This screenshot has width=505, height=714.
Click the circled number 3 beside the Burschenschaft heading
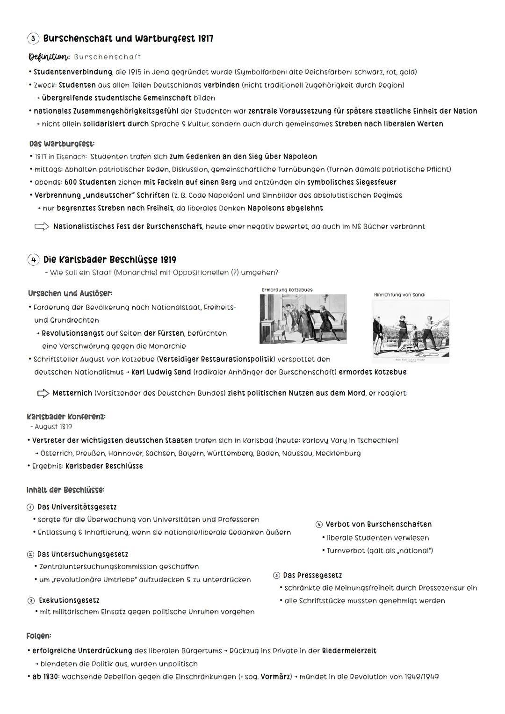pos(33,39)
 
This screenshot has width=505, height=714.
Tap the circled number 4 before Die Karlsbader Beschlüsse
pos(33,260)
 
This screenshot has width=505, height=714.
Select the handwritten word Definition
pos(49,57)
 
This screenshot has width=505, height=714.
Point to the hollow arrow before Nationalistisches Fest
pos(42,227)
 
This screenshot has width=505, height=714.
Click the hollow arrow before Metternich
pos(43,394)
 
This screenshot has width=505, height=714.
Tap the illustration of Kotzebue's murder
pos(303,318)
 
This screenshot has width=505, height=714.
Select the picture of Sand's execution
pos(411,331)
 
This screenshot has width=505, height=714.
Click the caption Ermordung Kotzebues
pos(287,290)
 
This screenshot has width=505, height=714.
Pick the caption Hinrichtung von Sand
pos(399,295)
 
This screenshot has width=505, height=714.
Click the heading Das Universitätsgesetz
pos(77,507)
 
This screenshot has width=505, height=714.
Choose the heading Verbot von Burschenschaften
pos(378,525)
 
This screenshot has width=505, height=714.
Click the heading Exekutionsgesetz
pos(69,600)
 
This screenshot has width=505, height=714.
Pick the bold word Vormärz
pos(275,677)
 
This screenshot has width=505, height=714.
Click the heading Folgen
pos(39,636)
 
